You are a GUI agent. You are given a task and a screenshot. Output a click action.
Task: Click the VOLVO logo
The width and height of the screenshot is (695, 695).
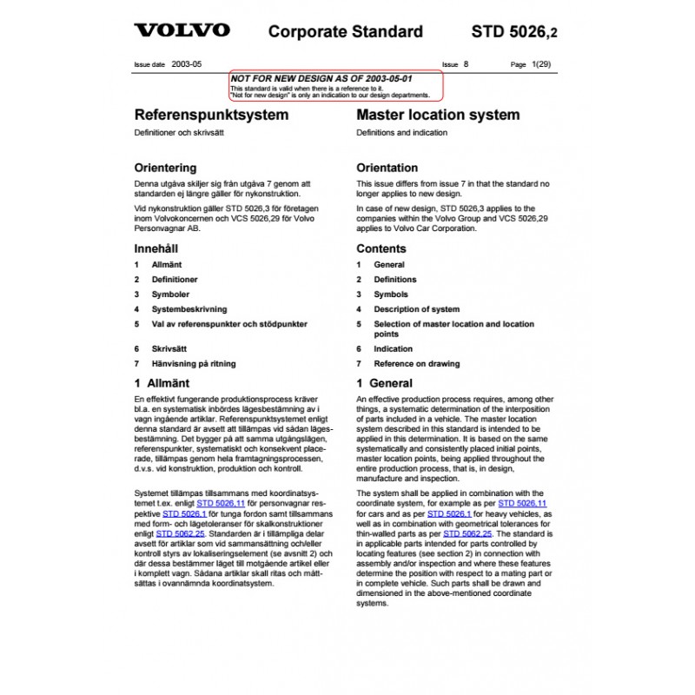(182, 31)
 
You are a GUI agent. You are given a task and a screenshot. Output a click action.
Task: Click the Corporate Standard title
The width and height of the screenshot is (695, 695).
(345, 32)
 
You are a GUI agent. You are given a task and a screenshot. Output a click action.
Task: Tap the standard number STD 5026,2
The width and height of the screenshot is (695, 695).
(514, 32)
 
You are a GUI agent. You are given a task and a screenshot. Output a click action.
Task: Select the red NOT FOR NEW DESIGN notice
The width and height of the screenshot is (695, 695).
(335, 83)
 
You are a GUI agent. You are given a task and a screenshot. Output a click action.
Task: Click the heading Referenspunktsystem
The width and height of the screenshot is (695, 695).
(211, 115)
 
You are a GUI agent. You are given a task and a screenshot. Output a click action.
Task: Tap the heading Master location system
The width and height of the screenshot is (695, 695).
(438, 115)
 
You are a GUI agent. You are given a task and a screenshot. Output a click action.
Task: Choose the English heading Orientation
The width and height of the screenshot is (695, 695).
(387, 168)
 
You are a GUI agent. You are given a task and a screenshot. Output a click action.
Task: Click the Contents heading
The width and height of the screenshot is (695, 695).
(381, 248)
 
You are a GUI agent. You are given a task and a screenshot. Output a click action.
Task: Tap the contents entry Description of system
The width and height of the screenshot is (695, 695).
(416, 309)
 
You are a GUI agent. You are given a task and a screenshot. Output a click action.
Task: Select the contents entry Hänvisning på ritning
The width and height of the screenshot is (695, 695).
(193, 364)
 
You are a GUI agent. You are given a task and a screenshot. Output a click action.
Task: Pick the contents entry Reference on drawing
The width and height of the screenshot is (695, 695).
(416, 364)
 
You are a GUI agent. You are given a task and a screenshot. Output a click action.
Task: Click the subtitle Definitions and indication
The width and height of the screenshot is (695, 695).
(401, 133)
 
